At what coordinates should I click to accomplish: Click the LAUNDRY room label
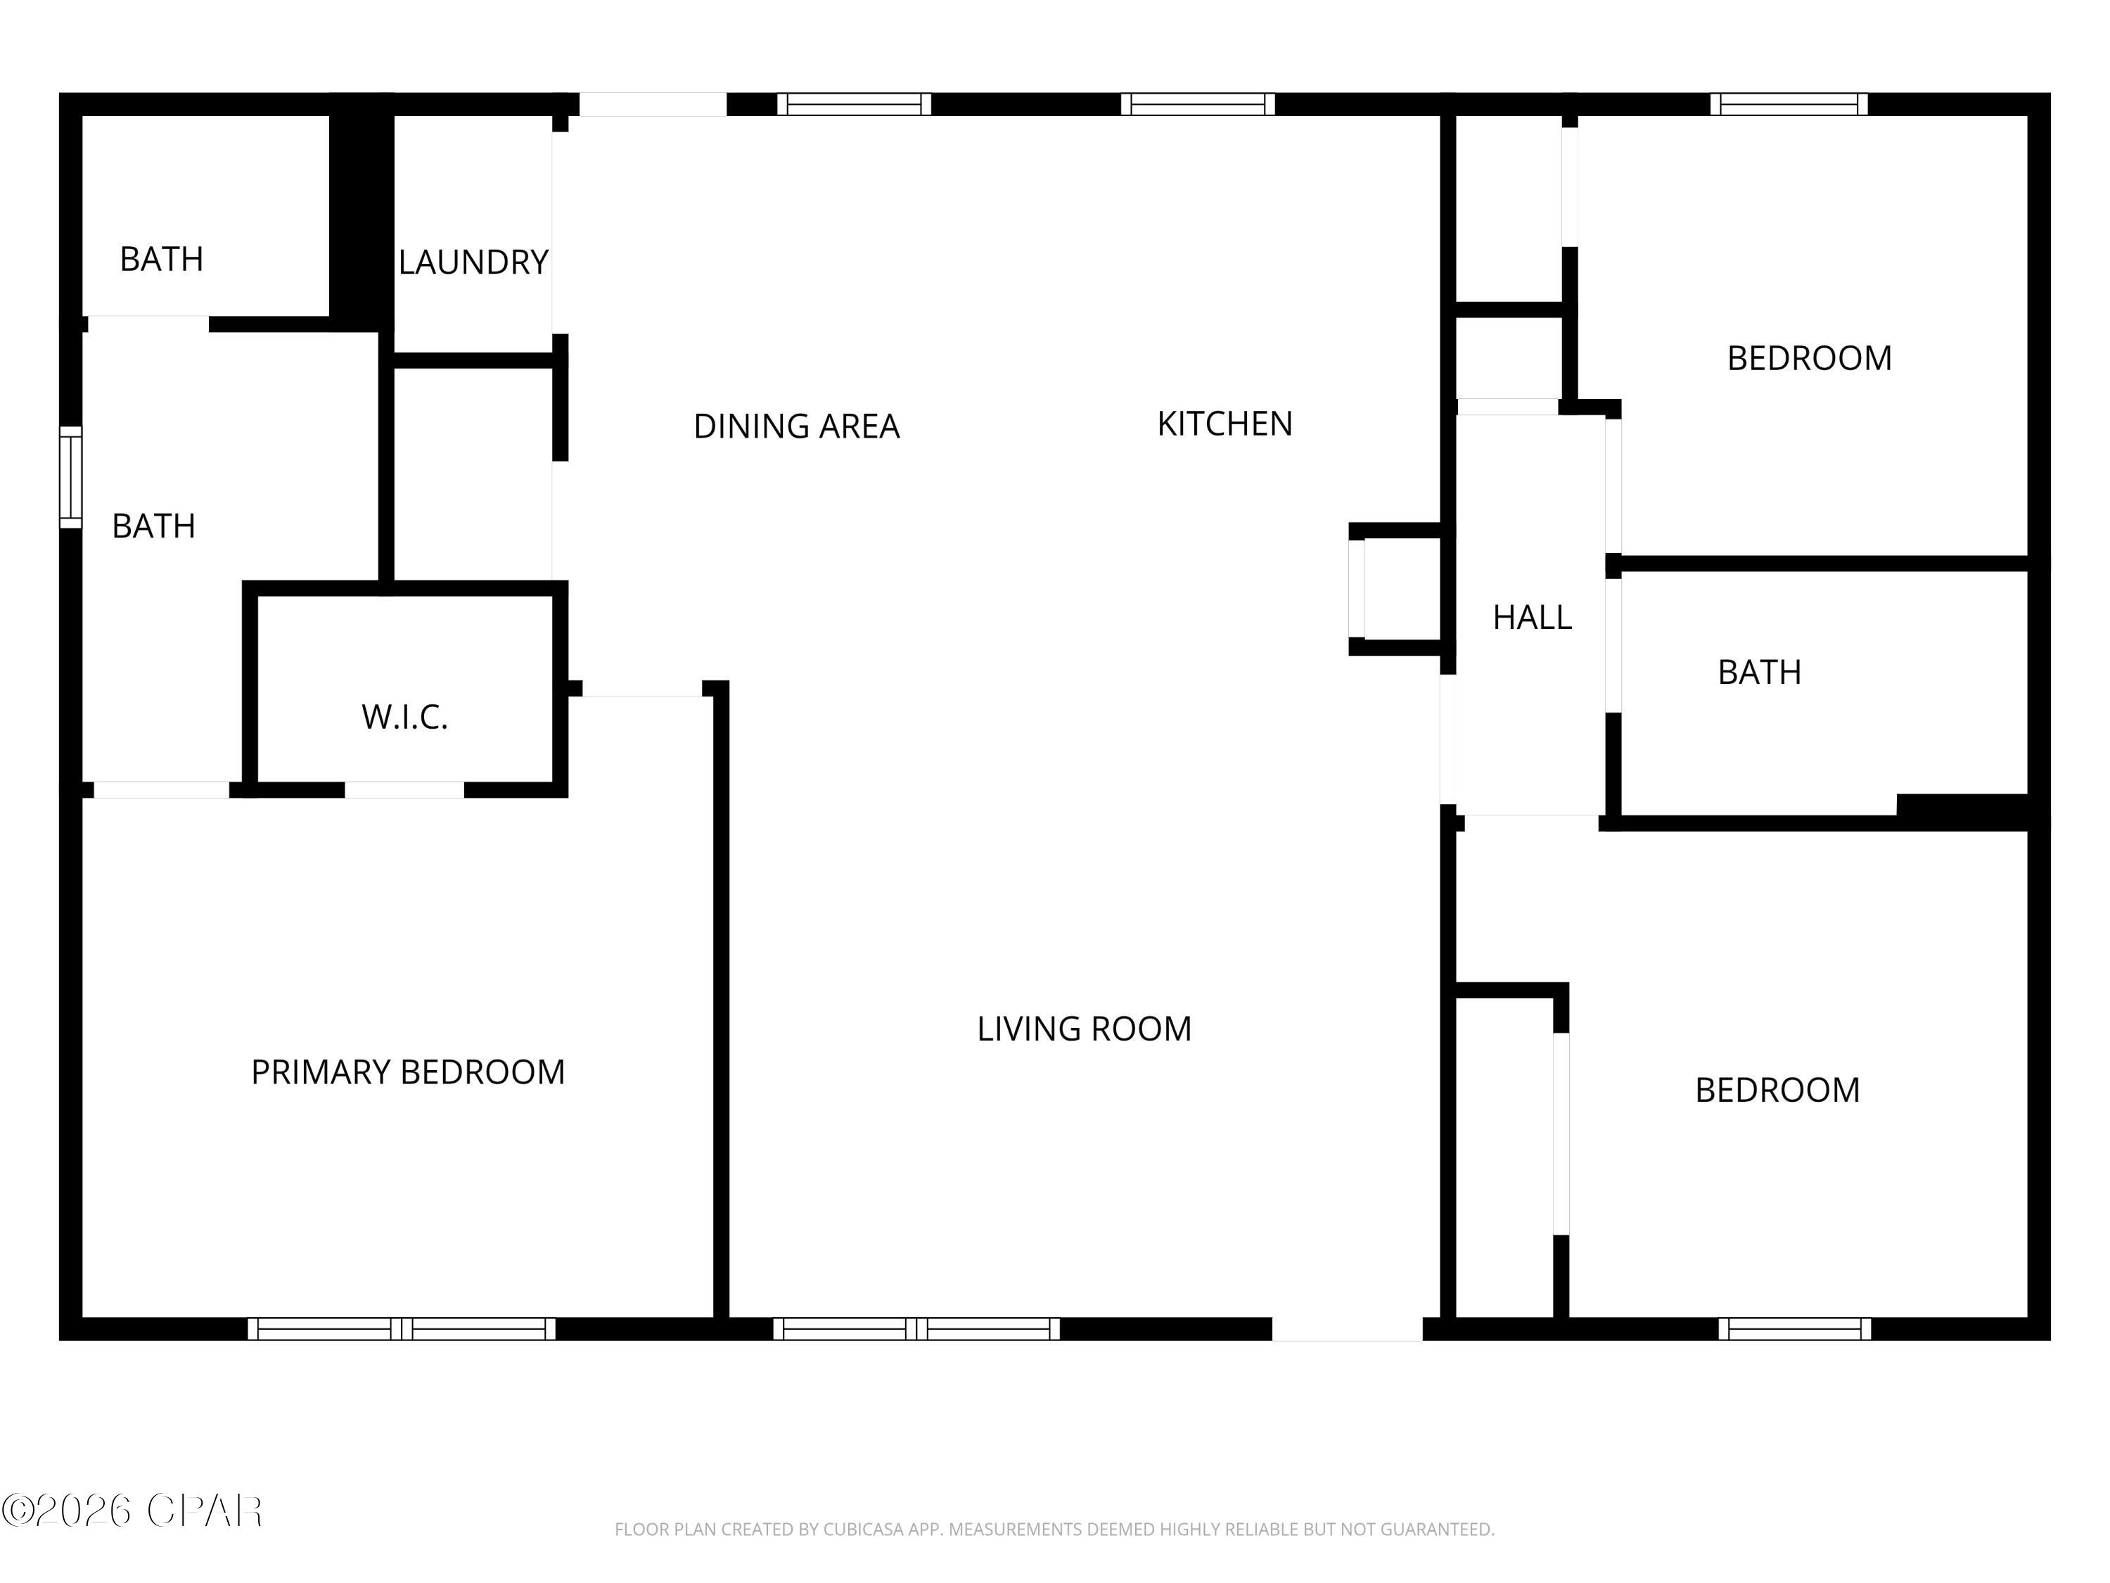473,262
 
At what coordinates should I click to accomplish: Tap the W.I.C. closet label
404,718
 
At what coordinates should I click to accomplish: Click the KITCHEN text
1225,424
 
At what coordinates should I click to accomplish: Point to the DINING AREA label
796,426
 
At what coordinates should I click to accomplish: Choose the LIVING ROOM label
1084,1029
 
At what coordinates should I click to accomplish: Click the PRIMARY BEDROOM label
408,1072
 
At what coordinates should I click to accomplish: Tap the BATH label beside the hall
1759,673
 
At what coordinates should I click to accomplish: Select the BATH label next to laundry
161,260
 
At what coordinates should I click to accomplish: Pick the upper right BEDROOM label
1808,359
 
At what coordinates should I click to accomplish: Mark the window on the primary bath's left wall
70,477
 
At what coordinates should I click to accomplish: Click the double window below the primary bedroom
402,1328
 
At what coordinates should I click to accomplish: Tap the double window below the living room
916,1328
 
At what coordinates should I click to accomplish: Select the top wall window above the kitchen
1197,104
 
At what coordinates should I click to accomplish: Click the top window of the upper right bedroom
1789,104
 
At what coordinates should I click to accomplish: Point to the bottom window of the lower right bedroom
1794,1328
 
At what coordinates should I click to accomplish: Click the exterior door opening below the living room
1347,1328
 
